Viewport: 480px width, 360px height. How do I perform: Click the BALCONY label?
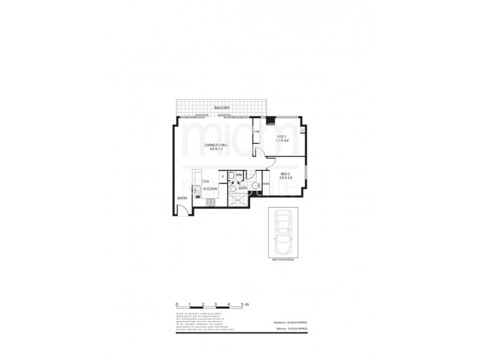point(222,108)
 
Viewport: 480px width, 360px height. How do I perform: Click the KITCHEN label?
point(209,189)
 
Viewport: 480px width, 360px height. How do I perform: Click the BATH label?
point(243,188)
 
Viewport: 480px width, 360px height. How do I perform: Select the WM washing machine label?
point(239,175)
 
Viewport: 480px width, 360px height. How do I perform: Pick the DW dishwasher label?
point(206,181)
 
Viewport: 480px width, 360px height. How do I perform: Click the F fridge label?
point(223,176)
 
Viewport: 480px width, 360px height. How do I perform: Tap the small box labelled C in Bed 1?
point(302,130)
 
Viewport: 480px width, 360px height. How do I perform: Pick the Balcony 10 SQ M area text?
point(292,329)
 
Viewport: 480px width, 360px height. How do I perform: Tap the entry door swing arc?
point(182,209)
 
